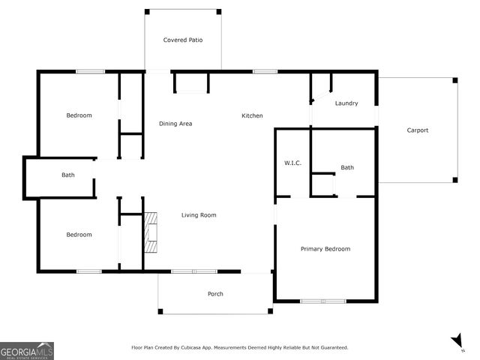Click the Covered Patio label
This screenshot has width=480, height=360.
click(183, 40)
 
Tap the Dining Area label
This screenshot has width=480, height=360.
click(175, 123)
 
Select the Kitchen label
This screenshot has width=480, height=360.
click(252, 115)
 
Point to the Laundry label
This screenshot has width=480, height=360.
click(346, 103)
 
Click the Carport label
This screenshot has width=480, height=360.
click(418, 130)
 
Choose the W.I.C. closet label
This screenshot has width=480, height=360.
click(292, 163)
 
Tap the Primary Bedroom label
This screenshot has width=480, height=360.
click(325, 249)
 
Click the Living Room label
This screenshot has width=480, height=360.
click(199, 215)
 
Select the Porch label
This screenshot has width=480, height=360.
click(215, 294)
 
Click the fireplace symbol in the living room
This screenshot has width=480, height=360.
click(151, 232)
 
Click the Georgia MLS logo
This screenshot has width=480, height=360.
click(27, 351)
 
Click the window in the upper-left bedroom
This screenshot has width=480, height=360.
click(89, 71)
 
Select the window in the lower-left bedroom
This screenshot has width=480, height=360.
click(89, 271)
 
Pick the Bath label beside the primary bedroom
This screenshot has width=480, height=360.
click(347, 167)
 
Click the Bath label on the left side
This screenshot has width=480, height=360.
click(68, 175)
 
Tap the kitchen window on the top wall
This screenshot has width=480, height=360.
click(265, 71)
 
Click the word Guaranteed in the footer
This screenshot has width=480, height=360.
click(331, 348)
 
